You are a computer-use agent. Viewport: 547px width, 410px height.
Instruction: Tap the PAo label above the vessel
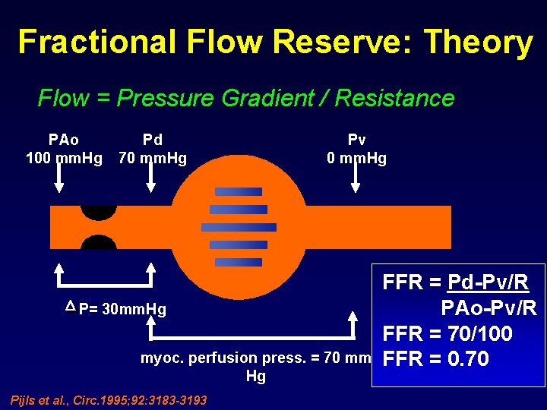(63, 140)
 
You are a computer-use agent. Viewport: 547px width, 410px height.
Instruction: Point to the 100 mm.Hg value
(64, 159)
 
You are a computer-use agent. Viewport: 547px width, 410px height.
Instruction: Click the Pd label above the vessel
(152, 140)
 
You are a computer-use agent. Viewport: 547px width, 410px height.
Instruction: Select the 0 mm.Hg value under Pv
(356, 159)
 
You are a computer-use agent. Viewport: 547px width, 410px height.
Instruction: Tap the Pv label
(356, 140)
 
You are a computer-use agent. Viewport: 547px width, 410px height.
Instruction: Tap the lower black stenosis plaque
(99, 243)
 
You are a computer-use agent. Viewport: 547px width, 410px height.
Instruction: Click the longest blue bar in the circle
(239, 227)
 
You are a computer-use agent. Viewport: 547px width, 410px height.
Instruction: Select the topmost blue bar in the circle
(239, 191)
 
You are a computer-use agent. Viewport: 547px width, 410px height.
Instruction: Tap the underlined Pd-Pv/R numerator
(489, 283)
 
